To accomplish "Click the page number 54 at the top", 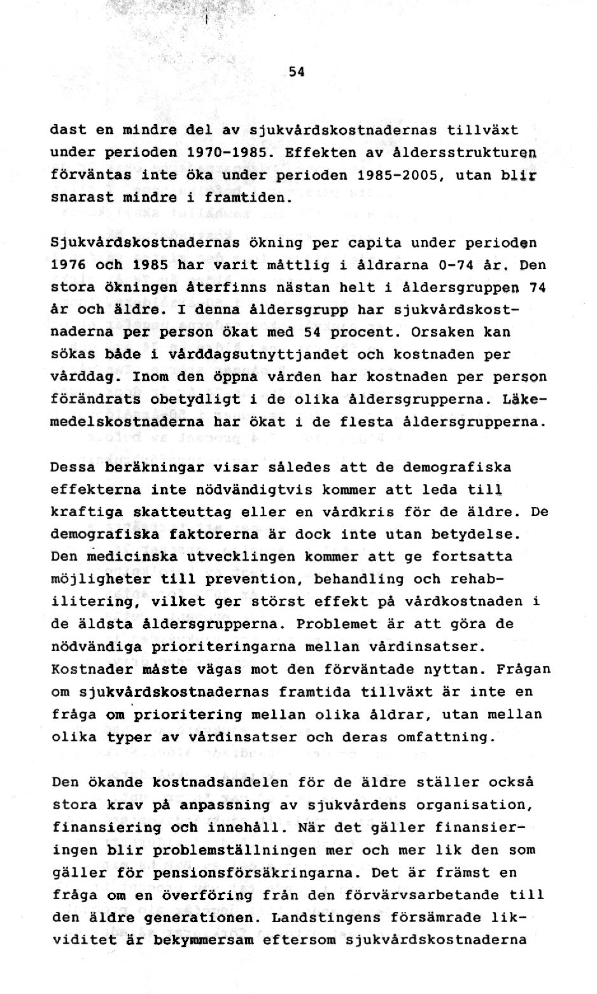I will pyautogui.click(x=297, y=72).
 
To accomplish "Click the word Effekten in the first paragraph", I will pyautogui.click(x=316, y=153).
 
